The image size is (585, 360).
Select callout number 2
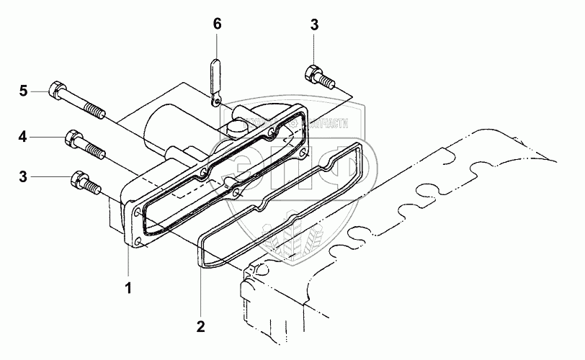point(200,326)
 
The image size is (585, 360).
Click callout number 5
point(23,91)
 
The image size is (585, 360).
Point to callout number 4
point(23,135)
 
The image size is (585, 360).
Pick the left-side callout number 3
point(23,176)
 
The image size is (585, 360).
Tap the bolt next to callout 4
point(85,144)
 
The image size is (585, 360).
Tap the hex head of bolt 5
point(56,91)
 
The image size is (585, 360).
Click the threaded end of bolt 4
point(97,151)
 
